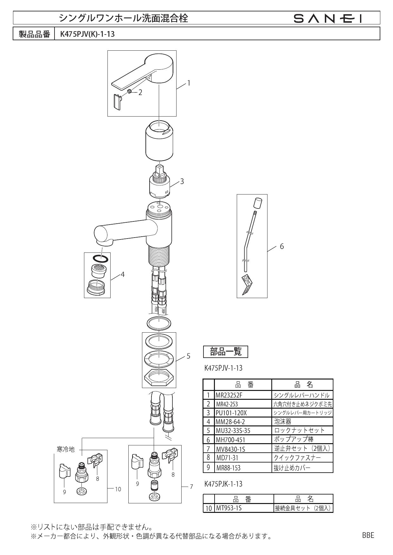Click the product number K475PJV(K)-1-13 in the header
pyautogui.click(x=85, y=34)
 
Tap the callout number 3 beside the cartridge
pyautogui.click(x=182, y=182)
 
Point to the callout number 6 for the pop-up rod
pyautogui.click(x=282, y=246)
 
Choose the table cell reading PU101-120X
pyautogui.click(x=231, y=413)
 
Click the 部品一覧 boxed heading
pyautogui.click(x=226, y=352)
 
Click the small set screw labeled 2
pyautogui.click(x=130, y=92)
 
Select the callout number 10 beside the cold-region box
pyautogui.click(x=118, y=489)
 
